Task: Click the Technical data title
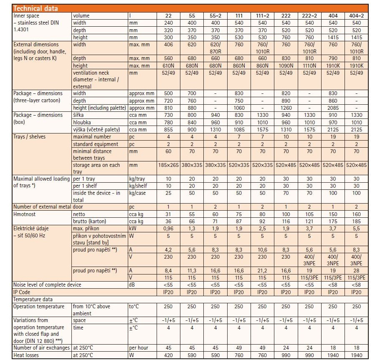pos(35,8)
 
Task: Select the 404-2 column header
pos(356,16)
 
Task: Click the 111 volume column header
pos(239,16)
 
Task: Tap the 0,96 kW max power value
pos(168,229)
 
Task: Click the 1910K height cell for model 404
pos(333,65)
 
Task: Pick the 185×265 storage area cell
pos(168,165)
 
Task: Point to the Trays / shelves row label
pos(29,137)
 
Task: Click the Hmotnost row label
pos(24,214)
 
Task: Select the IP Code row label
pos(22,292)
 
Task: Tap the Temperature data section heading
pos(33,300)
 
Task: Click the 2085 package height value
pos(333,108)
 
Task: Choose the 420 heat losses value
pos(168,355)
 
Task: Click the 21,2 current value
pos(262,271)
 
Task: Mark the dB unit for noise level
pos(132,285)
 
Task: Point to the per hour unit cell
pos(139,348)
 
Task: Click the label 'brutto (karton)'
pos(89,222)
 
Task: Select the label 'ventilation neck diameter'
pos(96,76)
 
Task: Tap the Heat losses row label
pos(26,355)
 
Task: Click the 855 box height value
pos(168,130)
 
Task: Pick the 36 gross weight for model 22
pos(168,222)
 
